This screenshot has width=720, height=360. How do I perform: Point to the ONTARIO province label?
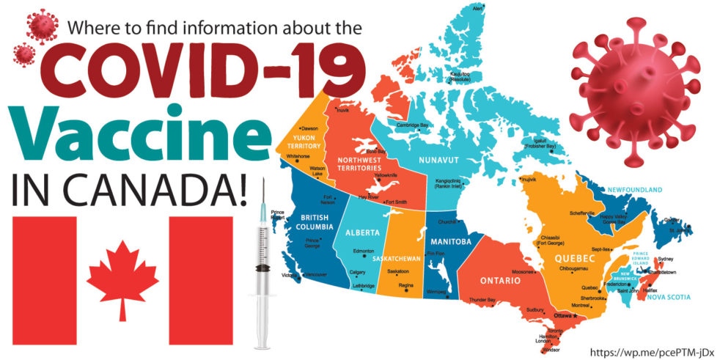tap(501, 281)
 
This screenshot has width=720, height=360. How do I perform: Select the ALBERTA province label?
tap(362, 232)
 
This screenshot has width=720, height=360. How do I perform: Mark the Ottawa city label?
tap(562, 315)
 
